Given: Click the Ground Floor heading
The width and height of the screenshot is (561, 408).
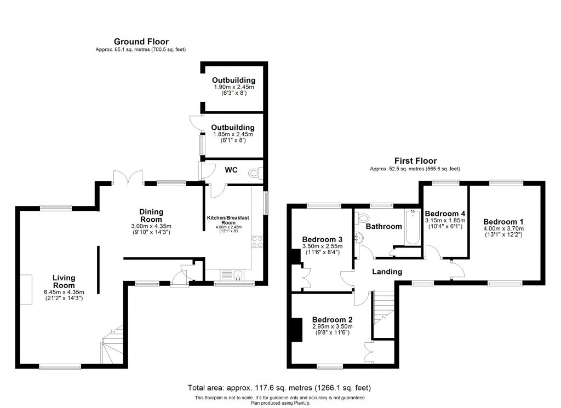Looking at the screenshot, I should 141,42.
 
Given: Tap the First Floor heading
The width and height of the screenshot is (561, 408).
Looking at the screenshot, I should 416,161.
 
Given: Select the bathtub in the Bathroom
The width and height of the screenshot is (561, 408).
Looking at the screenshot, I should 411,226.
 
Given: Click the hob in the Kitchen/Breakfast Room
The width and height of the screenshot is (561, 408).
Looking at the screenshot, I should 256,242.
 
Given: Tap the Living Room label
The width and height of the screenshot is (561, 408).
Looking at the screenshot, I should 64,281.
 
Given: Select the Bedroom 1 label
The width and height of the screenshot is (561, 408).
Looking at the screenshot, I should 503,221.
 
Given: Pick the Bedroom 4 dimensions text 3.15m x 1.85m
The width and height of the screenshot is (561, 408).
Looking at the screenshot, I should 445,221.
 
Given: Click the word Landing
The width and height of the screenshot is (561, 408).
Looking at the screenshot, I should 387,272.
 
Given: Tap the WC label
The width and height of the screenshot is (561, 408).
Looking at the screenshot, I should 231,170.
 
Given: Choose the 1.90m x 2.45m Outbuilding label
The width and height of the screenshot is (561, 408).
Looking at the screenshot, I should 234,81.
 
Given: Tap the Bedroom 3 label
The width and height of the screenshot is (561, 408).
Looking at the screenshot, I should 322,240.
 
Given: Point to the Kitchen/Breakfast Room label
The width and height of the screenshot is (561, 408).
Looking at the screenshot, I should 228,220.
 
